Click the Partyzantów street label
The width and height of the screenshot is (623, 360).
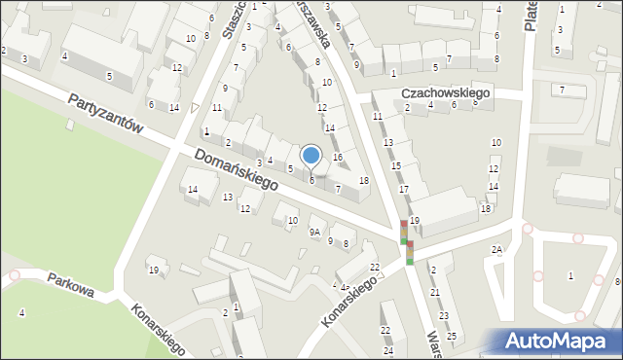click(106, 115)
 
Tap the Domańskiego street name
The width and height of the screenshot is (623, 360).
click(236, 169)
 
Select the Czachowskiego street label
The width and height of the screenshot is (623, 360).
click(448, 92)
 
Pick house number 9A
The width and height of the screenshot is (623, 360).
click(314, 233)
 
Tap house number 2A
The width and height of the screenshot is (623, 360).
click(497, 250)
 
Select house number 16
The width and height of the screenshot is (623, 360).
click(338, 157)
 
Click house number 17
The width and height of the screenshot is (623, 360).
click(403, 188)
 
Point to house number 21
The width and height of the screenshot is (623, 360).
click(435, 292)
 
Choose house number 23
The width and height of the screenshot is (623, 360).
click(444, 315)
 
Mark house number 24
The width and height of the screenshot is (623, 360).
click(387, 350)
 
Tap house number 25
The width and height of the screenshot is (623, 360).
click(452, 337)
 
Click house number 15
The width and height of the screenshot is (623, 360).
click(396, 166)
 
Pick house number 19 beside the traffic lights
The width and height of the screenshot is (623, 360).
click(415, 221)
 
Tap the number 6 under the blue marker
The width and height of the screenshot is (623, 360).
click(311, 180)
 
